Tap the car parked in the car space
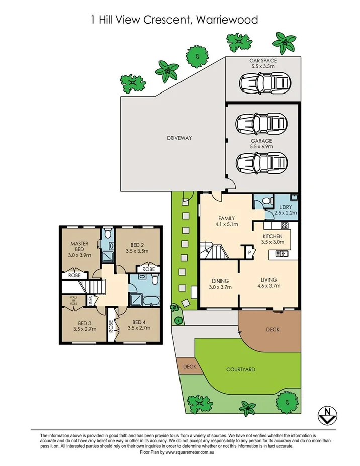tap(264, 81)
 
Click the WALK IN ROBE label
tap(73, 300)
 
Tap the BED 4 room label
tap(138, 322)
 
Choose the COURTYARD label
tap(241, 369)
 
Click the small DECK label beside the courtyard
tap(189, 366)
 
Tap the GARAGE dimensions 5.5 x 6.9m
tap(261, 147)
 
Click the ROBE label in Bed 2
tap(148, 269)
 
